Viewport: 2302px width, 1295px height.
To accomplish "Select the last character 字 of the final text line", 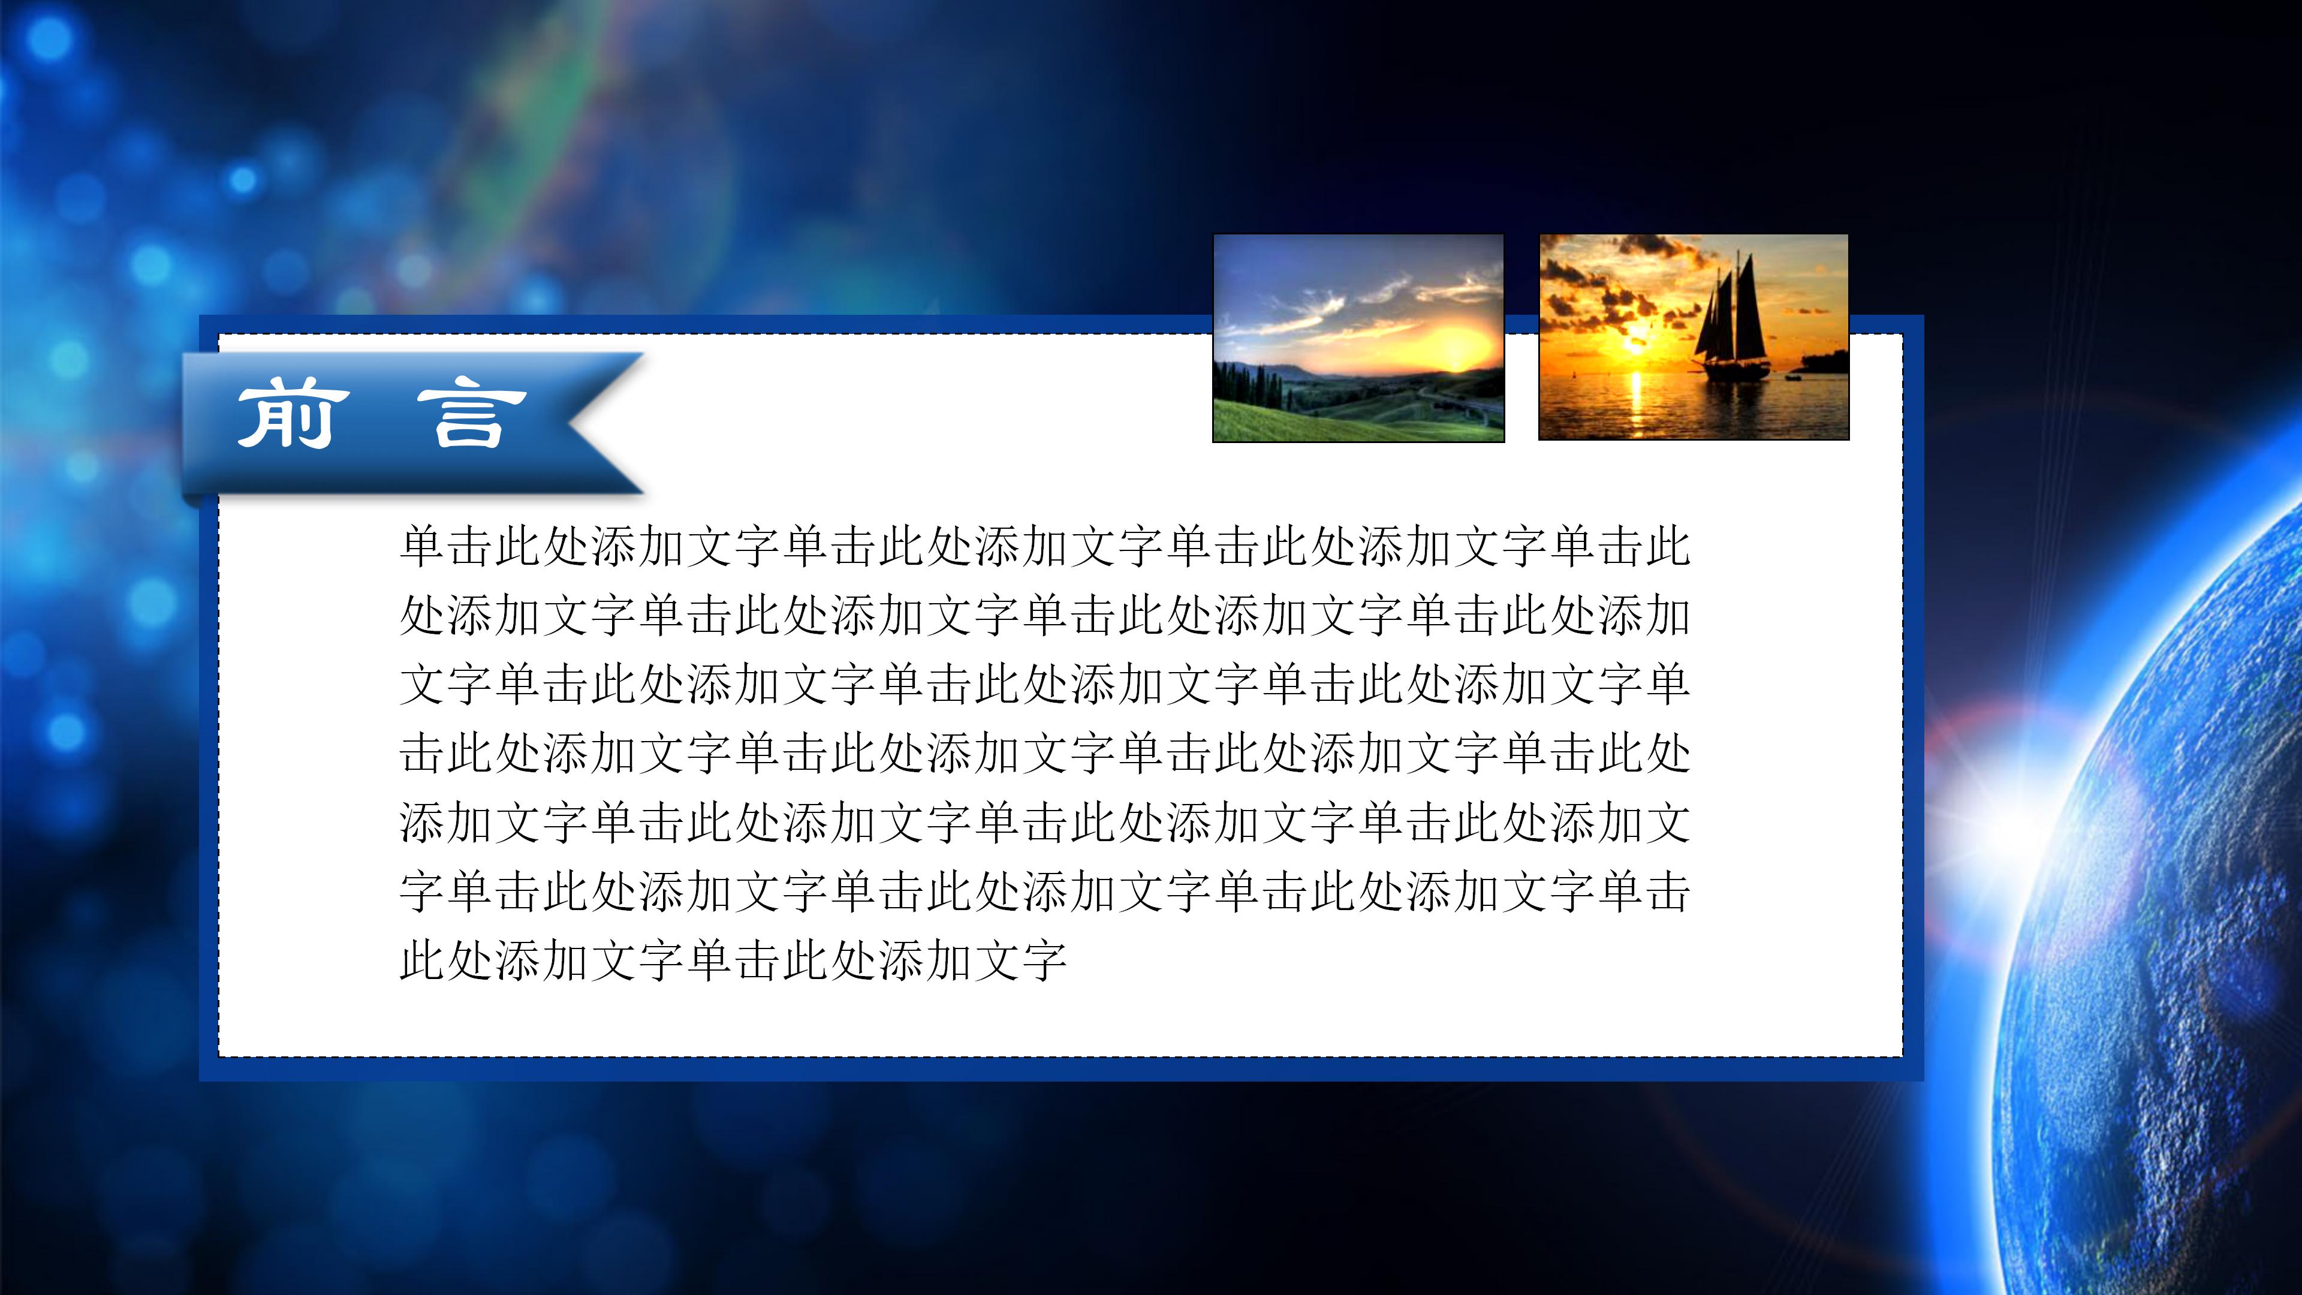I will coord(1044,960).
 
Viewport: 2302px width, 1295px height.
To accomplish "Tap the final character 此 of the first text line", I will coord(1666,547).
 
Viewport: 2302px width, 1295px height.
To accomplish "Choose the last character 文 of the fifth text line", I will coord(1666,822).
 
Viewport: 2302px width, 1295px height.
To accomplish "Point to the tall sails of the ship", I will coord(1734,308).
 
